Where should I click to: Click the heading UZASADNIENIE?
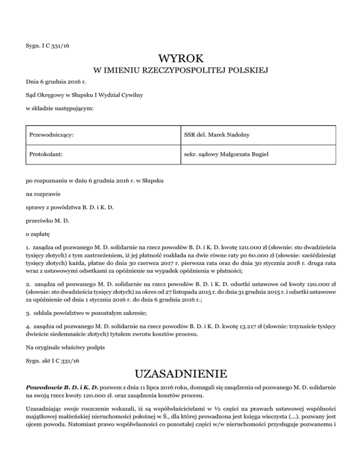tap(181, 374)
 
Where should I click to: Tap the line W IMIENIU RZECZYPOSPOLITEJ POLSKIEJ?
tap(181, 71)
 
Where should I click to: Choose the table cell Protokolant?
tap(46, 153)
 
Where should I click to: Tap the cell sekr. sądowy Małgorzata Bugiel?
tap(228, 153)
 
